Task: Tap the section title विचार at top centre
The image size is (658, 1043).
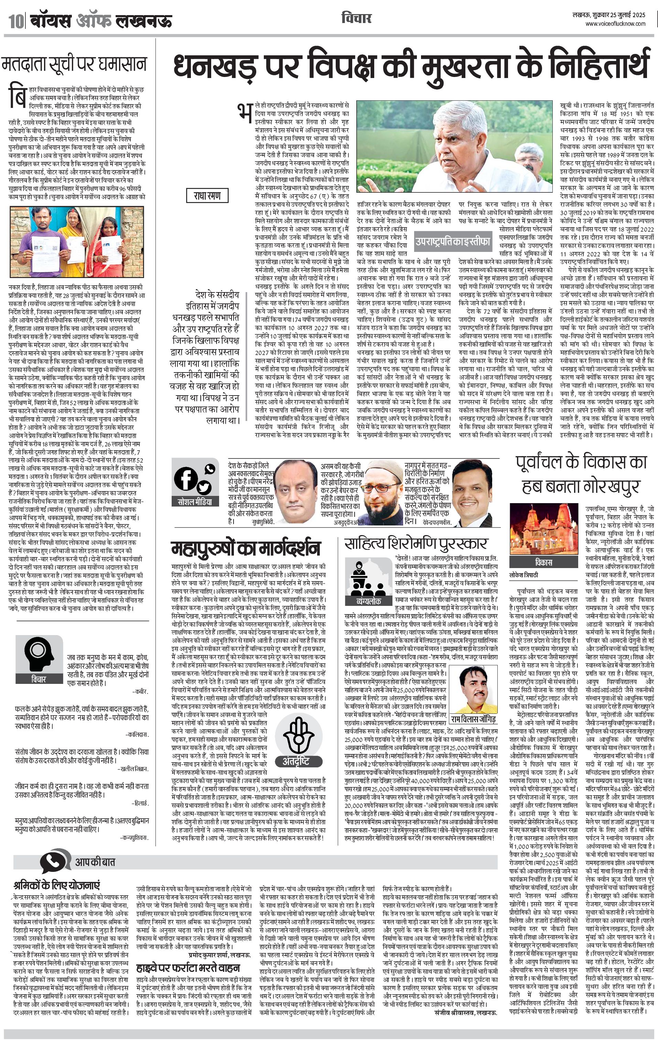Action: (356, 18)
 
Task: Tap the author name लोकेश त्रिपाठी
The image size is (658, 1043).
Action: (524, 575)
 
